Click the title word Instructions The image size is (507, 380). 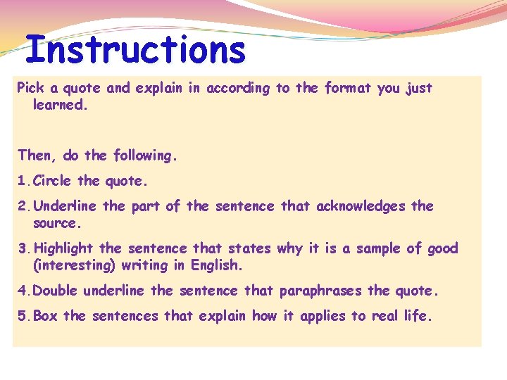135,51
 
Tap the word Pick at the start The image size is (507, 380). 30,88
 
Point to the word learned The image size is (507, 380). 60,105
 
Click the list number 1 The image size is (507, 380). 22,181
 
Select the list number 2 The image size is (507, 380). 22,206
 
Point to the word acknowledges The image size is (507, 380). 361,206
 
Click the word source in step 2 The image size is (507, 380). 57,223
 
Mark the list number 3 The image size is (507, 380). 22,248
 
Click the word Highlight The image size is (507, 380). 63,248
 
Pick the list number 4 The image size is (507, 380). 22,291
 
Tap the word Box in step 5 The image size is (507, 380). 46,316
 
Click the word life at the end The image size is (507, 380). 416,316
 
